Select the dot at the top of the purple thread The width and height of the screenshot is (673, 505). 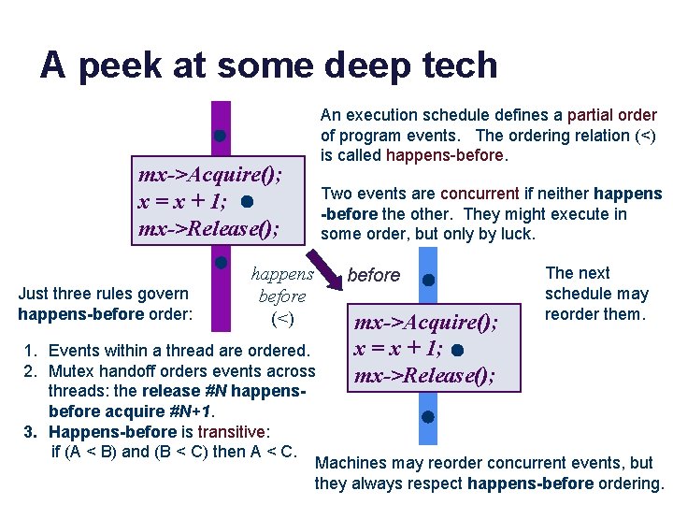(x=219, y=136)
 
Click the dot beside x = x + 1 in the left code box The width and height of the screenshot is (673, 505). (x=245, y=201)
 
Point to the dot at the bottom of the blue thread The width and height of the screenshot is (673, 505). (x=427, y=417)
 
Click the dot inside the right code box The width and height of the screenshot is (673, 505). (x=455, y=351)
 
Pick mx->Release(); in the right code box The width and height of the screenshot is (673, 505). (x=423, y=376)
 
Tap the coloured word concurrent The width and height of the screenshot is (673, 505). (x=480, y=194)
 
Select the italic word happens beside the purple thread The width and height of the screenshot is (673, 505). (x=282, y=275)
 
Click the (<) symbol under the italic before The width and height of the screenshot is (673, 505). (x=281, y=319)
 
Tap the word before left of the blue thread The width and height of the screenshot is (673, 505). (x=373, y=275)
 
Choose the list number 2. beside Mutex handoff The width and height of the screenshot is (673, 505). (x=31, y=371)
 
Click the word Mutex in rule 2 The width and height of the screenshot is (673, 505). (x=71, y=371)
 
